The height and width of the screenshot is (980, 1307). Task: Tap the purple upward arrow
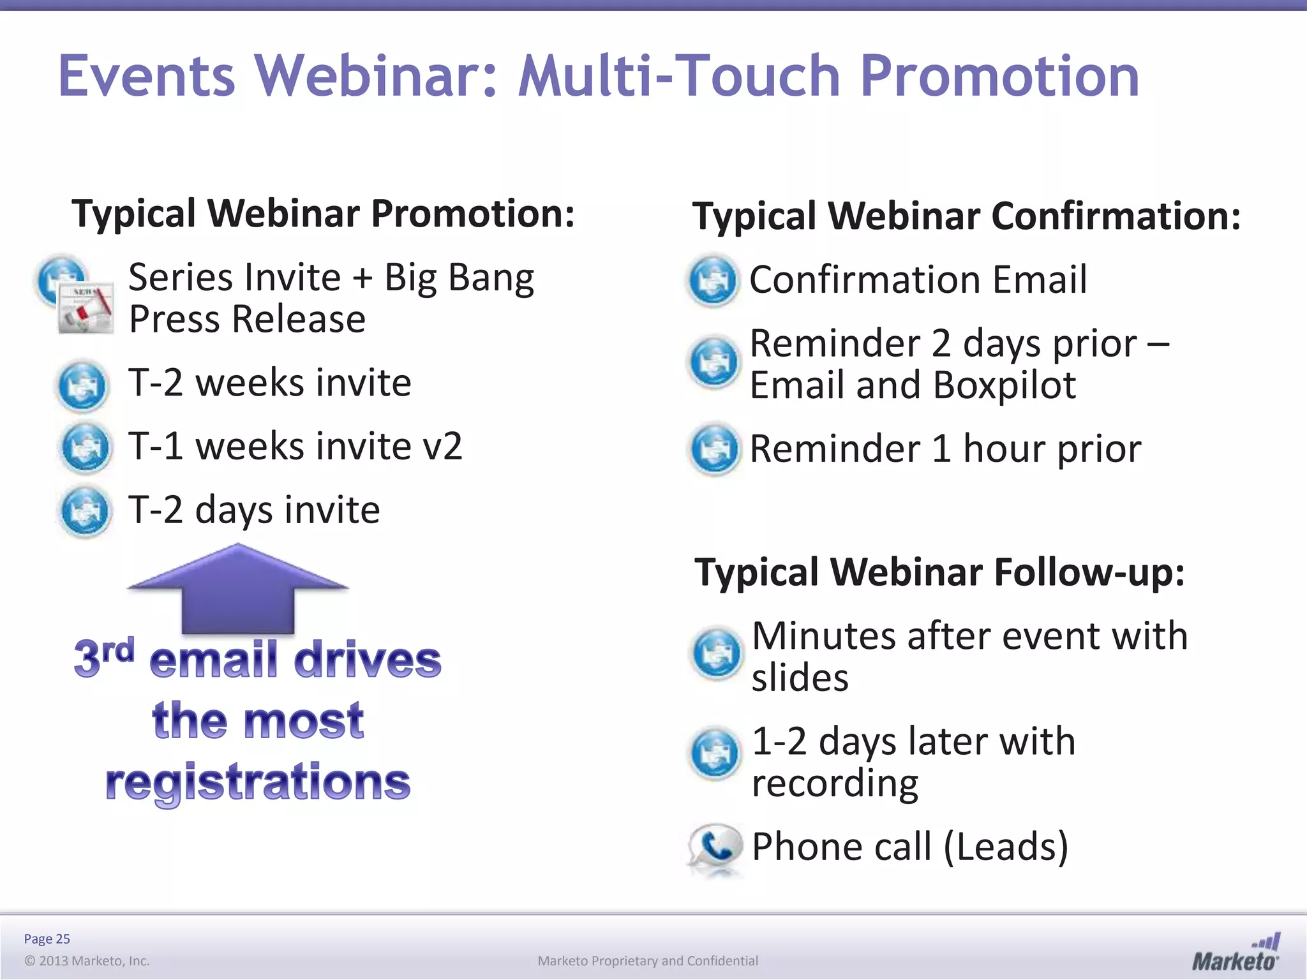click(237, 590)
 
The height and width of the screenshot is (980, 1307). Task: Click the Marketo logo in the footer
click(1235, 953)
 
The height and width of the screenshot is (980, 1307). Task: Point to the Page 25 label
click(47, 939)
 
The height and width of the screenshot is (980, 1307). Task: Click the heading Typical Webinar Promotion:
click(323, 214)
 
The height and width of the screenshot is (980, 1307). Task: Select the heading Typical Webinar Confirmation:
click(966, 216)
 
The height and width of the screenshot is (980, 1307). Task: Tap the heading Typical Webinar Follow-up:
click(939, 572)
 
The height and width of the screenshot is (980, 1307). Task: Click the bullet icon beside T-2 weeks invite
click(82, 385)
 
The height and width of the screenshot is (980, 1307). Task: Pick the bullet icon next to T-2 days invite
click(85, 512)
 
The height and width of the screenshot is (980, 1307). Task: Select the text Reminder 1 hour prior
click(945, 449)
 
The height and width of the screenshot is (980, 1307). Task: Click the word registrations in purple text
click(258, 782)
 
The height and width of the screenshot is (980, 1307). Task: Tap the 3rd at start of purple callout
click(103, 657)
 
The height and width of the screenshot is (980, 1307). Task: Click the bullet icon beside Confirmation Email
click(713, 281)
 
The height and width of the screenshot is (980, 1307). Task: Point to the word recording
click(835, 783)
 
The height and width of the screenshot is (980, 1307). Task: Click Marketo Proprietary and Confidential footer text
click(647, 961)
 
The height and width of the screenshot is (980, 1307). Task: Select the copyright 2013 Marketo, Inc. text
click(87, 961)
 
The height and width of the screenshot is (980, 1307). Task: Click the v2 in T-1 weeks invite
click(442, 446)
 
